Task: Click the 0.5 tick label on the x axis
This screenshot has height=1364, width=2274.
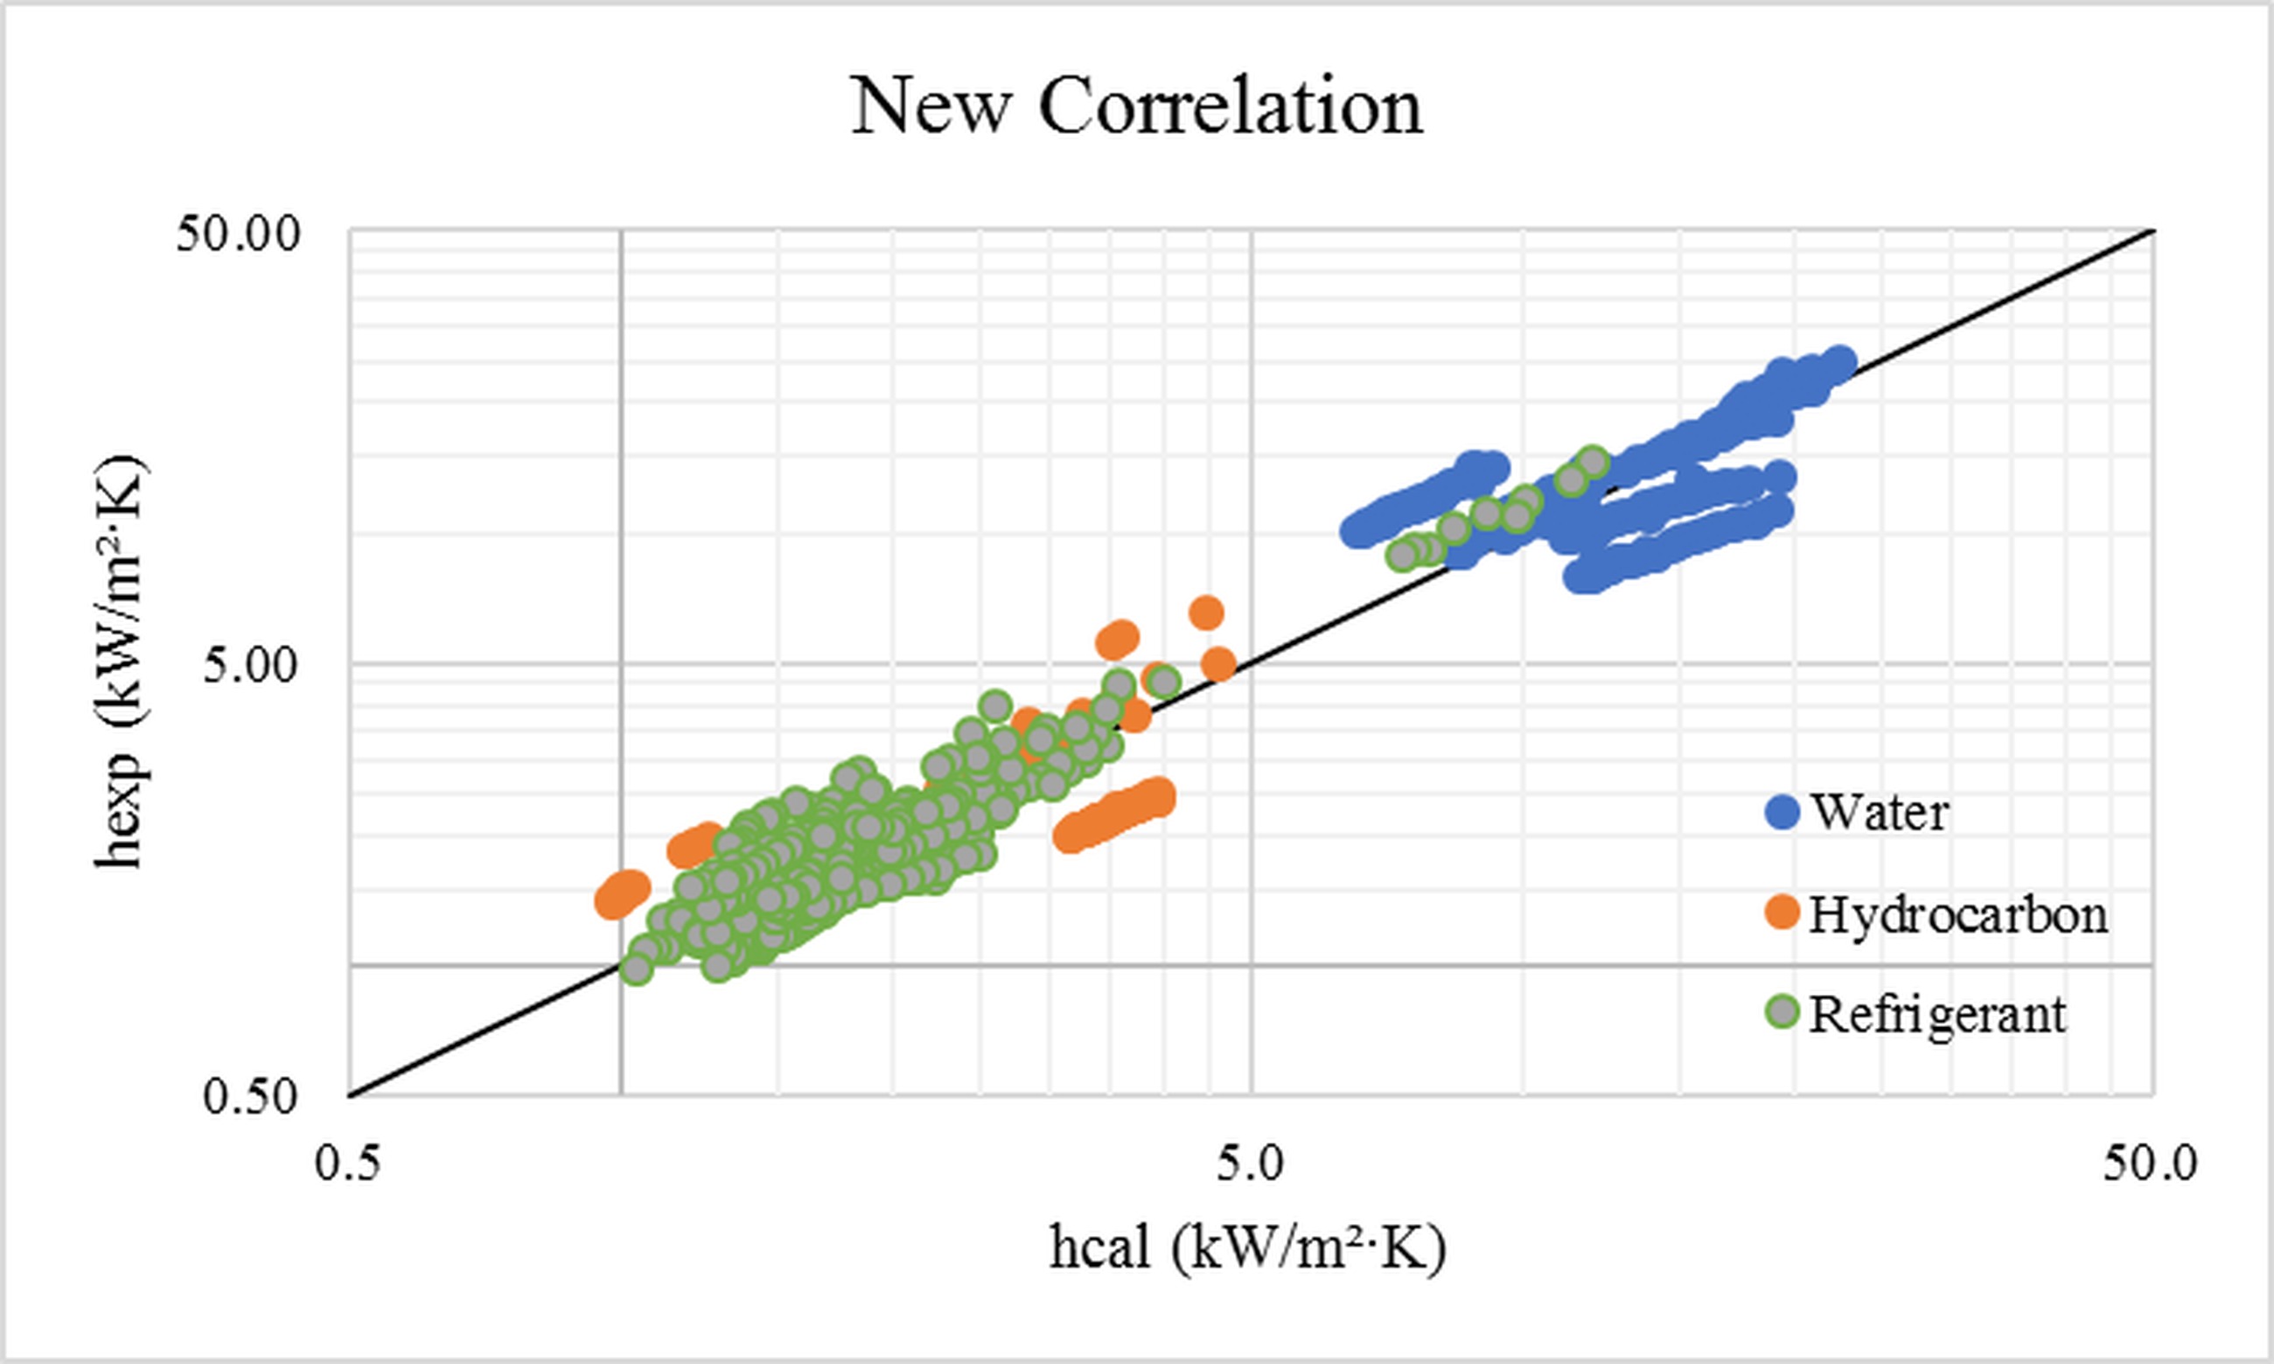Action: pos(347,1165)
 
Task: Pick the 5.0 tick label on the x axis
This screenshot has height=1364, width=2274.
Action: pos(1250,1165)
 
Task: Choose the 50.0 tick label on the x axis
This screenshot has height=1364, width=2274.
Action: pos(2150,1165)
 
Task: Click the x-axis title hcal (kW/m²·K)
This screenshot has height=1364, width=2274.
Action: pos(1248,1250)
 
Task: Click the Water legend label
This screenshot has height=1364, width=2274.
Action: pos(1879,813)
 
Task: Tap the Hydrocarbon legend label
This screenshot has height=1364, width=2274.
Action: pos(1959,914)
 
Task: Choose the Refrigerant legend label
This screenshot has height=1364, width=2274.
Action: pos(1939,1015)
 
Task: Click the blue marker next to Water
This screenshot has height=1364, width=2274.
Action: pos(1783,813)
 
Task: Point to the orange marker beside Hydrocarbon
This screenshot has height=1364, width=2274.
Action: pos(1783,914)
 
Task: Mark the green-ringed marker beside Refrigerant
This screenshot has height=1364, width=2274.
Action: pos(1783,1013)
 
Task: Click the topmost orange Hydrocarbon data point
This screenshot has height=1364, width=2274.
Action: pos(1206,612)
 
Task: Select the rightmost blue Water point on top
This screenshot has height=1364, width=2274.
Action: pos(1840,363)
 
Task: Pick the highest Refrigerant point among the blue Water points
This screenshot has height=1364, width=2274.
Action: pos(1594,462)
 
